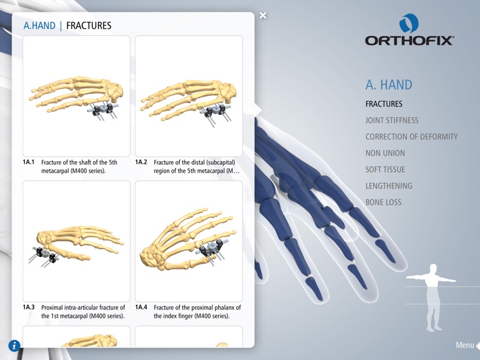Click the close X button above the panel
click(263, 16)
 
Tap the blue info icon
click(14, 346)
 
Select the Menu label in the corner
click(465, 345)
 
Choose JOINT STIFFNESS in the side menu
click(392, 120)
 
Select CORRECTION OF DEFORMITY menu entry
click(412, 137)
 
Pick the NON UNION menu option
click(385, 153)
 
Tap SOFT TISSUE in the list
click(385, 169)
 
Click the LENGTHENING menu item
click(388, 186)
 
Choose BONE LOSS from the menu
click(383, 203)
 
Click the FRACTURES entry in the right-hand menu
click(384, 104)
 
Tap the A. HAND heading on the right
click(389, 84)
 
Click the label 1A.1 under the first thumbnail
click(29, 162)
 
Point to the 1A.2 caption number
click(141, 162)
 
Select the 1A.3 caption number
click(29, 308)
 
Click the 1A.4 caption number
click(141, 308)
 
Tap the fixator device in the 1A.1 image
click(102, 111)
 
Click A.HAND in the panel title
click(39, 26)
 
